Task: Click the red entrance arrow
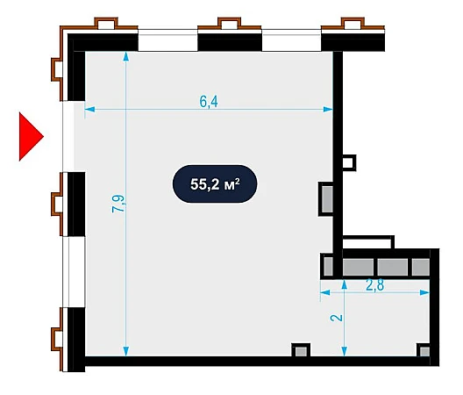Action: (x=31, y=137)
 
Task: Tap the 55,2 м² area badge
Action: (x=215, y=184)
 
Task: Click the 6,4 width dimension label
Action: (x=209, y=102)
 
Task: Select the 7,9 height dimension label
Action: (x=118, y=204)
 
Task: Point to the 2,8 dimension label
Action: (x=375, y=285)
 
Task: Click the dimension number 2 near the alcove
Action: (x=337, y=318)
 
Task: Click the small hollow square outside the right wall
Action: (x=349, y=162)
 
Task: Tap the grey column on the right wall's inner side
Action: (x=326, y=199)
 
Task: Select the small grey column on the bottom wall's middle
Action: (x=301, y=350)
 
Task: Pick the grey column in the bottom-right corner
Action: (x=424, y=351)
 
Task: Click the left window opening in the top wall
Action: (x=167, y=40)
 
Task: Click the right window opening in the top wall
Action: (x=291, y=40)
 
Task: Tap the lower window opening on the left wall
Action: (x=75, y=272)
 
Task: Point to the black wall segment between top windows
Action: (x=230, y=42)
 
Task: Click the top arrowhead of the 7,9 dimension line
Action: (x=126, y=56)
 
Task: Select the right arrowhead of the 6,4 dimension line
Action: (x=328, y=110)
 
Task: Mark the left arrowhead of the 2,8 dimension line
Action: (x=325, y=292)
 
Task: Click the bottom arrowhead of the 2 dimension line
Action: (x=344, y=351)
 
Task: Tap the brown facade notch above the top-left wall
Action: (x=106, y=24)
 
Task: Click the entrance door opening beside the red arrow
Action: (x=68, y=136)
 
